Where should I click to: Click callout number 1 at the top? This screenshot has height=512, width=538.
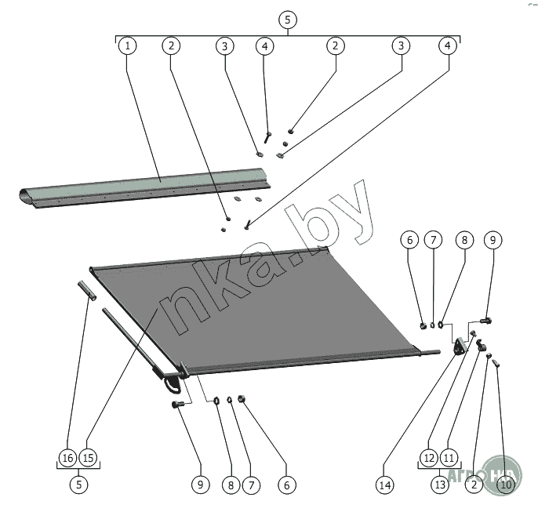[x=127, y=45]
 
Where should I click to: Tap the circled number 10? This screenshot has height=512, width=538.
[x=506, y=485]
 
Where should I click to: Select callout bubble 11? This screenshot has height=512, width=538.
[x=449, y=457]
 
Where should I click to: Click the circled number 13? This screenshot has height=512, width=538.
[x=439, y=485]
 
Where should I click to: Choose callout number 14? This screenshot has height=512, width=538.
[x=384, y=485]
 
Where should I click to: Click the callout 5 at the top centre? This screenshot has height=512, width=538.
[x=287, y=19]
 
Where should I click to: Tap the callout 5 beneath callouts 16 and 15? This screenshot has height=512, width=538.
[x=78, y=485]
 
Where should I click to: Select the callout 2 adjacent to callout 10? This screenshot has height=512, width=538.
[x=474, y=485]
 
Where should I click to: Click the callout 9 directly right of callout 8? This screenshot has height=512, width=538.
[x=492, y=239]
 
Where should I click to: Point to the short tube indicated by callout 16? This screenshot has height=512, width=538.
[x=87, y=289]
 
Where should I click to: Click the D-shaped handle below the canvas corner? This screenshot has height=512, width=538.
[x=174, y=383]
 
